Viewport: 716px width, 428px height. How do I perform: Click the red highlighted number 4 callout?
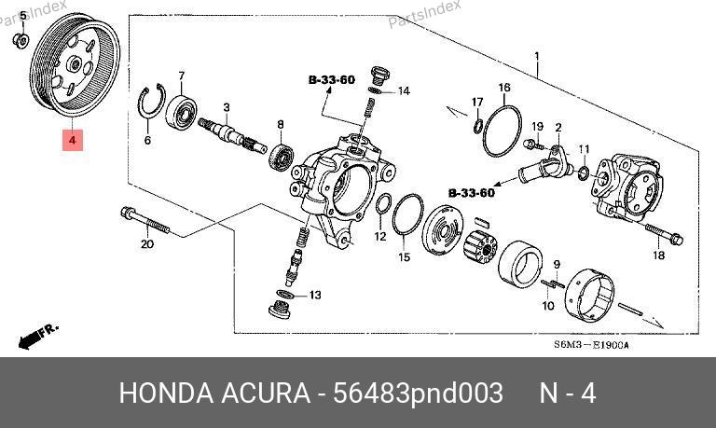pos(73,140)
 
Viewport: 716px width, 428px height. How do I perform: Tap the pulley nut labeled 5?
pos(21,41)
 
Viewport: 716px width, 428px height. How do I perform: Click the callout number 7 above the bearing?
pos(181,76)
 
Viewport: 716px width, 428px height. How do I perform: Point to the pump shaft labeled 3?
pos(232,135)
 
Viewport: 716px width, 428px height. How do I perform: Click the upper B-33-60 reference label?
pos(332,80)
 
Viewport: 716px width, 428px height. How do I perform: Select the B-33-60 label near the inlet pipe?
pos(472,193)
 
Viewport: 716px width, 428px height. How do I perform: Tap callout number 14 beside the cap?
pos(404,91)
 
